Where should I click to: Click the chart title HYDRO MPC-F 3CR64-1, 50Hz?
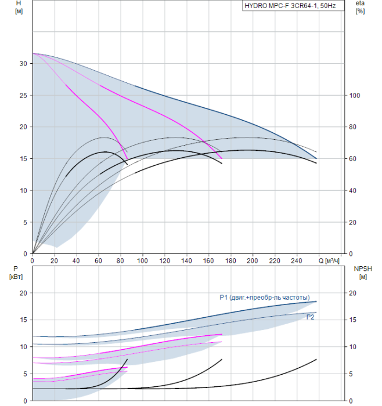pyautogui.click(x=290, y=6)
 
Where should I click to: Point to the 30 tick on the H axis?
pyautogui.click(x=23, y=63)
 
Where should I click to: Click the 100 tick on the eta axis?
pyautogui.click(x=355, y=96)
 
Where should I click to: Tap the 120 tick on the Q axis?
pyautogui.click(x=164, y=260)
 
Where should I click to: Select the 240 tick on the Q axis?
pyautogui.click(x=297, y=260)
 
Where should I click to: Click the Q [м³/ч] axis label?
pyautogui.click(x=329, y=260)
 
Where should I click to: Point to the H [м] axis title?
pyautogui.click(x=19, y=7)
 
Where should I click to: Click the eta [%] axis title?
pyautogui.click(x=360, y=7)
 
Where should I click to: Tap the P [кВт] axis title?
pyautogui.click(x=16, y=273)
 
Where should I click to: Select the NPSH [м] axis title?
pyautogui.click(x=363, y=273)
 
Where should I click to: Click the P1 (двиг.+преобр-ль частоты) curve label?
pyautogui.click(x=265, y=298)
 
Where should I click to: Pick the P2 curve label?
pyautogui.click(x=310, y=317)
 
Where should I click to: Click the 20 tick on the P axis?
pyautogui.click(x=23, y=293)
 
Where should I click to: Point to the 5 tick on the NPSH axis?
pyautogui.click(x=351, y=374)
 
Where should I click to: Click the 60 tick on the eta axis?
pyautogui.click(x=352, y=159)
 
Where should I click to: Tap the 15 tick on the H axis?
pyautogui.click(x=23, y=159)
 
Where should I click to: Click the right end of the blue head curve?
pyautogui.click(x=316, y=158)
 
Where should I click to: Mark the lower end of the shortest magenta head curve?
pyautogui.click(x=127, y=158)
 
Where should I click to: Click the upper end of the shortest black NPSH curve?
pyautogui.click(x=127, y=359)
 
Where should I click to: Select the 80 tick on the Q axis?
pyautogui.click(x=120, y=260)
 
